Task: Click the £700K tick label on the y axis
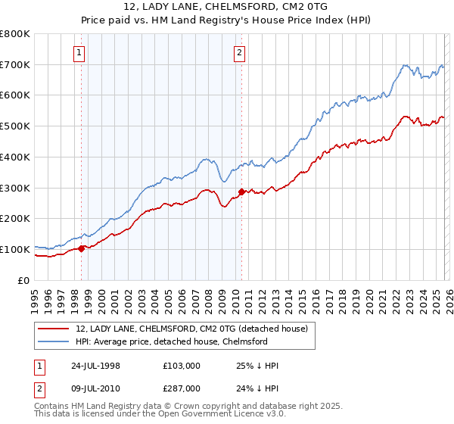click(15, 65)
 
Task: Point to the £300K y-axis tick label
click(15, 188)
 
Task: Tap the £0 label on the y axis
click(24, 280)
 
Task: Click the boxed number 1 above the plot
click(80, 52)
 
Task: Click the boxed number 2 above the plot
click(239, 52)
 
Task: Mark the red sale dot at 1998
click(82, 248)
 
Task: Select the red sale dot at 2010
click(241, 192)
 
